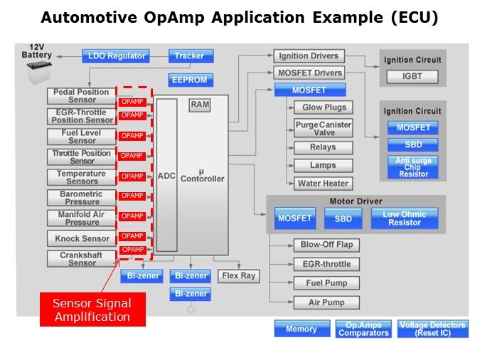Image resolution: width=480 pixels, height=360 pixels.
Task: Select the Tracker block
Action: coord(189,55)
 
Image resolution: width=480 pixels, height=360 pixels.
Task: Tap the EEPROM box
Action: coord(189,80)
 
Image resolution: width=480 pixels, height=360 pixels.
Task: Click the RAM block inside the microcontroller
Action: coord(200,105)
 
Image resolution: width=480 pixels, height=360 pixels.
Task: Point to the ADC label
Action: coord(166,176)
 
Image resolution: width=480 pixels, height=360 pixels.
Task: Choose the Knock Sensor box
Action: coord(82,238)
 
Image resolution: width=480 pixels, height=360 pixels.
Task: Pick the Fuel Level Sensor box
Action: coord(82,136)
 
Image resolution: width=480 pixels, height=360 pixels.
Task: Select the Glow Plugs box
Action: coord(324,107)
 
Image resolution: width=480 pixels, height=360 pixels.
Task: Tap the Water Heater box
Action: coord(324,183)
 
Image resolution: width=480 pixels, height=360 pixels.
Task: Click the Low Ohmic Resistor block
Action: coord(405,218)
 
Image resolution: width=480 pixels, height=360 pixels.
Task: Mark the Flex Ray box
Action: coord(238,275)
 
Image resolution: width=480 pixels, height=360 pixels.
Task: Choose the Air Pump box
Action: coord(326,302)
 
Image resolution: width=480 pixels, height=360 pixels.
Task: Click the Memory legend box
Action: coord(301,329)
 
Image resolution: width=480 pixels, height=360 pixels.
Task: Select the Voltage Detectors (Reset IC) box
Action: coord(432,329)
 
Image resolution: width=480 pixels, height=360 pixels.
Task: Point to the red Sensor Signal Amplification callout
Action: coord(92,309)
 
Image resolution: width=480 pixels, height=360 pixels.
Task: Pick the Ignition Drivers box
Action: coord(309,55)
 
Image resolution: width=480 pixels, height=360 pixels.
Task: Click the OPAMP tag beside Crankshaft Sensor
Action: coord(132,250)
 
